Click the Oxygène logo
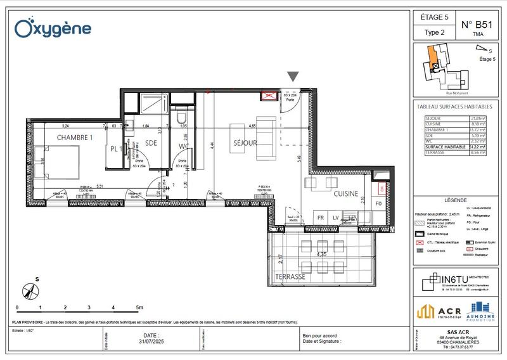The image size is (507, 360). [53, 27]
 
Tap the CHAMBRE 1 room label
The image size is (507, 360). [75, 137]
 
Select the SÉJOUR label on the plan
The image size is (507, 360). [244, 143]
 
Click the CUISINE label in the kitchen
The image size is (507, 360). [347, 193]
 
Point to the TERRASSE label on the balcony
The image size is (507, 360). [290, 277]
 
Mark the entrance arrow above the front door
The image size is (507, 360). [292, 77]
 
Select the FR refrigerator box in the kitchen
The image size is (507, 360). [321, 218]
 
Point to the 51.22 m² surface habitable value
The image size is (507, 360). [478, 146]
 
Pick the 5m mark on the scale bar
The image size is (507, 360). [138, 307]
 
